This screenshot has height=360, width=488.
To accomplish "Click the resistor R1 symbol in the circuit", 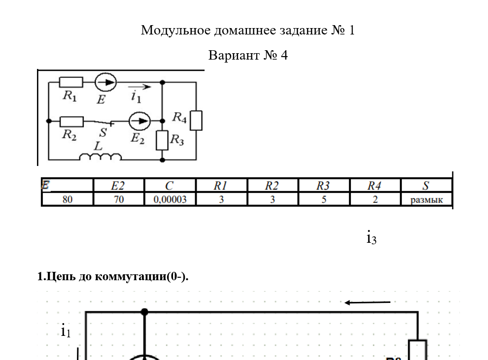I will (71, 82).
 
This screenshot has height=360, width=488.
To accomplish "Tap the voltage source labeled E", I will (105, 82).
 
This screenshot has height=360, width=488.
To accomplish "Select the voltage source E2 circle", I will (139, 120).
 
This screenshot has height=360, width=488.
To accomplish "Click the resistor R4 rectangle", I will (196, 120).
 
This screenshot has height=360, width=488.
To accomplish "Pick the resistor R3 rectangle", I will (162, 140).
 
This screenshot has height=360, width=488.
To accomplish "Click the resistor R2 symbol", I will (71, 121).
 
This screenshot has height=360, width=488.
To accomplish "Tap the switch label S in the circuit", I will (103, 132).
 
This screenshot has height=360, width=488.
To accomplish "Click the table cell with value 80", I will (68, 199).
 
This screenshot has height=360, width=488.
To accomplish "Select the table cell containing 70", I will (119, 199).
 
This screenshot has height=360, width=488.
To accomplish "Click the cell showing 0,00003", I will (170, 199).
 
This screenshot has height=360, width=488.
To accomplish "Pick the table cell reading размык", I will (426, 199).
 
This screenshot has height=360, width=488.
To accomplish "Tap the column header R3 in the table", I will (323, 186).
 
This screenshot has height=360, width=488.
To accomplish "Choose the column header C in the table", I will (170, 186).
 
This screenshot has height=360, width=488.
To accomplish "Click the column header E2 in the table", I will (119, 186).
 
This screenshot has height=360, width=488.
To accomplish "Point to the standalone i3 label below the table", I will (371, 237).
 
